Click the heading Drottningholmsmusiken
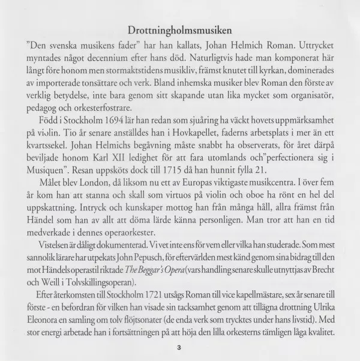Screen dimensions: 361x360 click(179, 30)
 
